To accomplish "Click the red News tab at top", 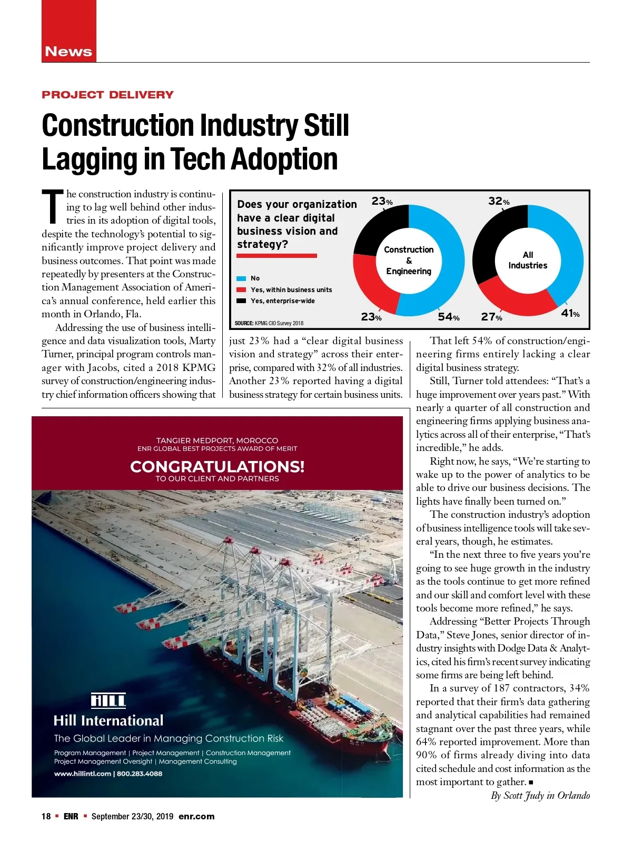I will pyautogui.click(x=68, y=51).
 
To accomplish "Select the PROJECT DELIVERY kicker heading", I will pyautogui.click(x=107, y=95).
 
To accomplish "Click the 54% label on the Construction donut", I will pyautogui.click(x=448, y=317).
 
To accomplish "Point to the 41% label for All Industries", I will pyautogui.click(x=570, y=314).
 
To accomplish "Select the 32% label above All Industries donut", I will pyautogui.click(x=498, y=201).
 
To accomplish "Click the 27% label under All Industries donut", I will pyautogui.click(x=491, y=317).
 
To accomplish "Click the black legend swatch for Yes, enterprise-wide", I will pyautogui.click(x=242, y=301).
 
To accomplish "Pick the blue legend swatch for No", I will pyautogui.click(x=242, y=278).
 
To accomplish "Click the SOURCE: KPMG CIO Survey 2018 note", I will pyautogui.click(x=269, y=323).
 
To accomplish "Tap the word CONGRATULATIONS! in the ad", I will pyautogui.click(x=217, y=466).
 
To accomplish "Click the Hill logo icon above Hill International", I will pyautogui.click(x=108, y=700).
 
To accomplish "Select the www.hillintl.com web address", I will pyautogui.click(x=82, y=774).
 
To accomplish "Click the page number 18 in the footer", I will pyautogui.click(x=46, y=816).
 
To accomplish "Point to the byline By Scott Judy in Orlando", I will pyautogui.click(x=540, y=795).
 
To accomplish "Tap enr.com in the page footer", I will pyautogui.click(x=196, y=816).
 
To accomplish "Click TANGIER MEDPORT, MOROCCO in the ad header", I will pyautogui.click(x=217, y=440).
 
